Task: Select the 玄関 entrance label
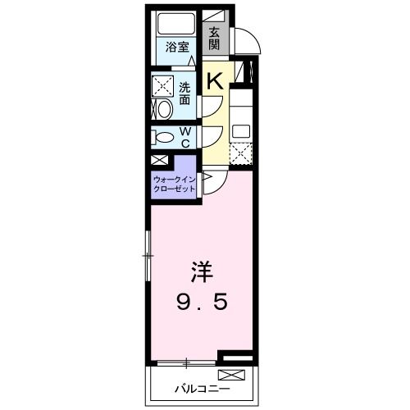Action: point(214,38)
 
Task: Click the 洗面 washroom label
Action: point(184,93)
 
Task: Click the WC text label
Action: point(185,137)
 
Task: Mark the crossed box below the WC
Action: point(159,161)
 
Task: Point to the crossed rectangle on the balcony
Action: point(233,376)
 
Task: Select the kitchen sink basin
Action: point(240,130)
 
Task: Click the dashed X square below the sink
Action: point(240,154)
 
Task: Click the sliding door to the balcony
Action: point(186,361)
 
